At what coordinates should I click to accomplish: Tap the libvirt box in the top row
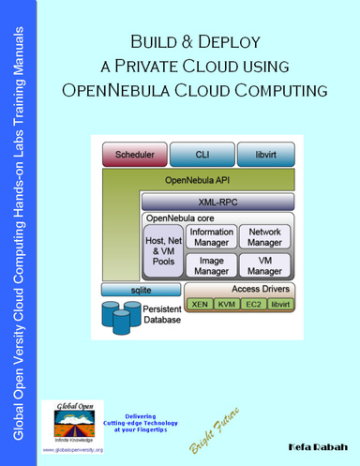pyautogui.click(x=261, y=155)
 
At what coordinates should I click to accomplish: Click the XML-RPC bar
pyautogui.click(x=215, y=201)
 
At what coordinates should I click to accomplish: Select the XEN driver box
pyautogui.click(x=199, y=305)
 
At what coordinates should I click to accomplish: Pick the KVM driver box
pyautogui.click(x=226, y=305)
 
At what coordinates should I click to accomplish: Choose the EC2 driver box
pyautogui.click(x=252, y=305)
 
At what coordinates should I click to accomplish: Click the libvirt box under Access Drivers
pyautogui.click(x=279, y=305)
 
